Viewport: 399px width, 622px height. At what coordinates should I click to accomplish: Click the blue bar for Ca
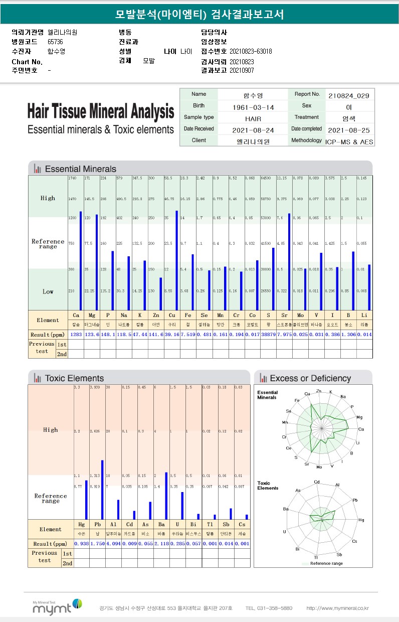(81, 261)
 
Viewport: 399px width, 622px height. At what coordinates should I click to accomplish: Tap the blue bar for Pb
(102, 490)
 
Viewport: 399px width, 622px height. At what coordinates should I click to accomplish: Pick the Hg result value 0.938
(81, 543)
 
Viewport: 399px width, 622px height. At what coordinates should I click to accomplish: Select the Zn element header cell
(156, 316)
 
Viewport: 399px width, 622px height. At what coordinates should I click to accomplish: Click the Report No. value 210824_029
(349, 95)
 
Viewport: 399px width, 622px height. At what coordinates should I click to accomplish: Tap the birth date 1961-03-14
(253, 107)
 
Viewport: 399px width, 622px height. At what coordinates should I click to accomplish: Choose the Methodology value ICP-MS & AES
(349, 142)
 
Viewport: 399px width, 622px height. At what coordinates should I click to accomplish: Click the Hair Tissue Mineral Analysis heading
(101, 111)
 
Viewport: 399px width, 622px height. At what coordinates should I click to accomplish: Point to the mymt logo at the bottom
(57, 606)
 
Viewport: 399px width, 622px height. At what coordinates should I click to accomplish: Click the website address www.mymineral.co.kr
(337, 608)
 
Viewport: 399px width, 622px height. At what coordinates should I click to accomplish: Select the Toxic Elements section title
(74, 378)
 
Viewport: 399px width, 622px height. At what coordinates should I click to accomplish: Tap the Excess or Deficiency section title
(310, 378)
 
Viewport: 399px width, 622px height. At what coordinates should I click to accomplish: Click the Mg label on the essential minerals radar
(359, 417)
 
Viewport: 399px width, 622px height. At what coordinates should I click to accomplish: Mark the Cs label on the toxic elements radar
(354, 542)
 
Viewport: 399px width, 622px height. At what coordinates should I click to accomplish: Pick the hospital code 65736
(56, 42)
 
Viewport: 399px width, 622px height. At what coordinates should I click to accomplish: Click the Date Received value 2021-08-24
(253, 130)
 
